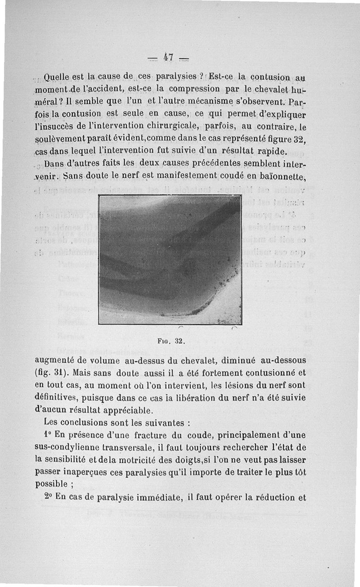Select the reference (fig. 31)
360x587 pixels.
pyautogui.click(x=49, y=373)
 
